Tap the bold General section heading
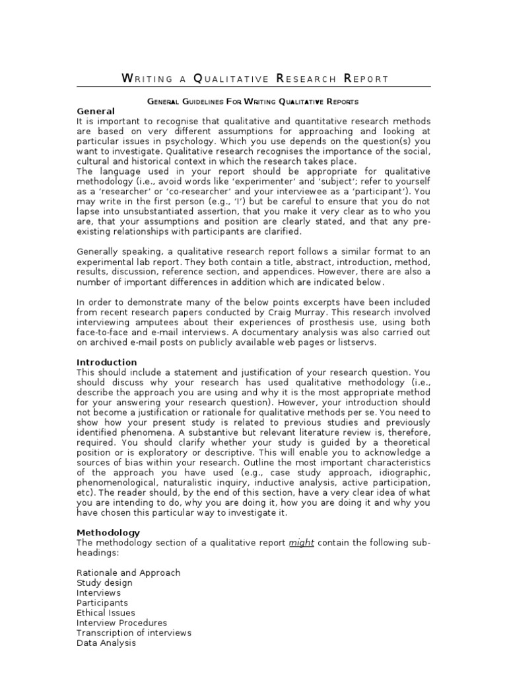click(x=96, y=111)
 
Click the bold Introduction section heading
click(x=107, y=362)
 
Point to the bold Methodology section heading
click(x=108, y=532)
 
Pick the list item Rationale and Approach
click(x=129, y=573)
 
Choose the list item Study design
click(x=104, y=582)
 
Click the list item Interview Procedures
click(x=122, y=623)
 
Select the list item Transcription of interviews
click(x=134, y=633)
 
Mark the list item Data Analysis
click(x=106, y=643)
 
